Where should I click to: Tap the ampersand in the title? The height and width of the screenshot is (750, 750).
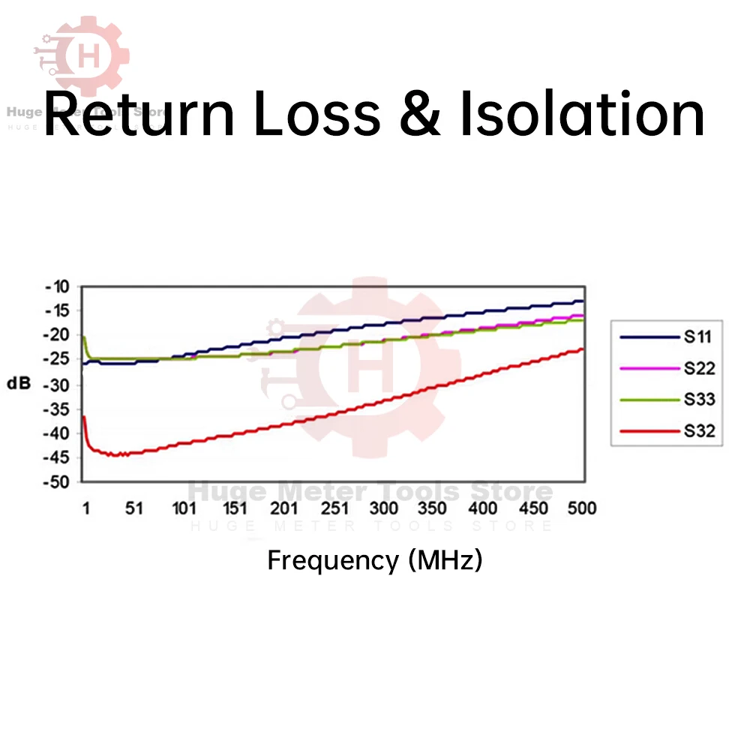click(418, 114)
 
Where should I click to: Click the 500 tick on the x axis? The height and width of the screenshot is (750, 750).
click(581, 508)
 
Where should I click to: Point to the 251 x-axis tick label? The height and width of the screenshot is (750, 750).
click(333, 508)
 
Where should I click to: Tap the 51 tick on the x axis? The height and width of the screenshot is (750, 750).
click(133, 508)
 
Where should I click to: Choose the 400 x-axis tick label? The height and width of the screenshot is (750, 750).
click(480, 508)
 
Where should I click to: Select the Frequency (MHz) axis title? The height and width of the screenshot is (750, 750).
click(375, 560)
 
